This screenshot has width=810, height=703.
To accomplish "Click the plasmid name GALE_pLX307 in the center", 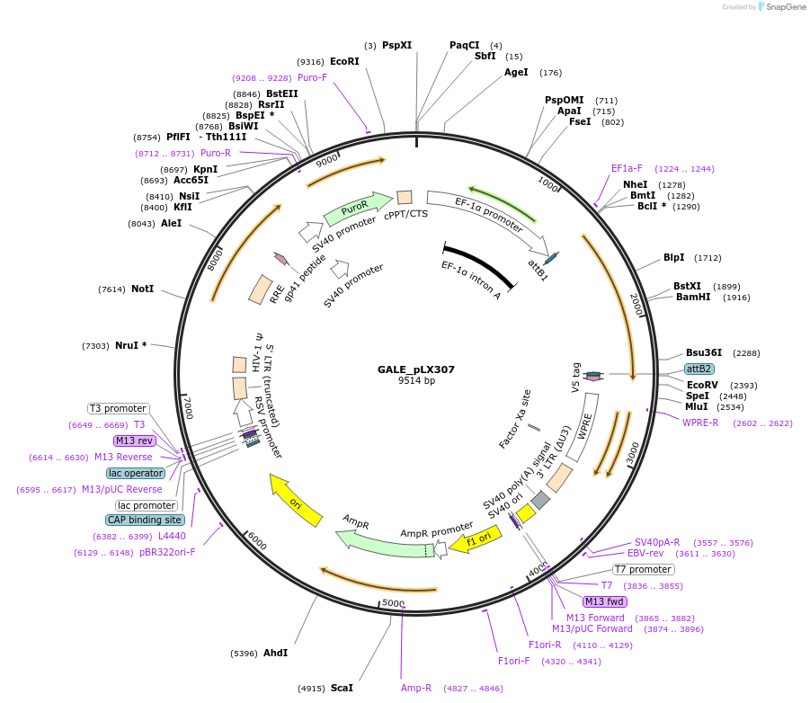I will [x=416, y=369].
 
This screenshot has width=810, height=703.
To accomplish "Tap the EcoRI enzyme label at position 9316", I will [x=344, y=61].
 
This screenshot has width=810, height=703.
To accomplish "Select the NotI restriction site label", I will [x=142, y=289].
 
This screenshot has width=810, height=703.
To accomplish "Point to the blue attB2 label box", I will [x=699, y=369].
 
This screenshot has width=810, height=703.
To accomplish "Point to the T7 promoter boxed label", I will [x=643, y=569].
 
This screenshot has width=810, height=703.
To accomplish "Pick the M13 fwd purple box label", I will [x=604, y=601].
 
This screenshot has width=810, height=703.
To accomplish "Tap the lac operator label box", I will [x=136, y=473].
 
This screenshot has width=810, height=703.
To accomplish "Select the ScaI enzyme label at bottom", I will [x=342, y=688].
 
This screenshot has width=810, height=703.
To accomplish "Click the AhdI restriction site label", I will [x=275, y=653].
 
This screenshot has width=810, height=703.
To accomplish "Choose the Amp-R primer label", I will [x=416, y=688].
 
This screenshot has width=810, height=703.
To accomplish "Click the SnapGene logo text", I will [x=785, y=7].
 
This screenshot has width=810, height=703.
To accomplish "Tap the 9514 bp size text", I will [x=416, y=381].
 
